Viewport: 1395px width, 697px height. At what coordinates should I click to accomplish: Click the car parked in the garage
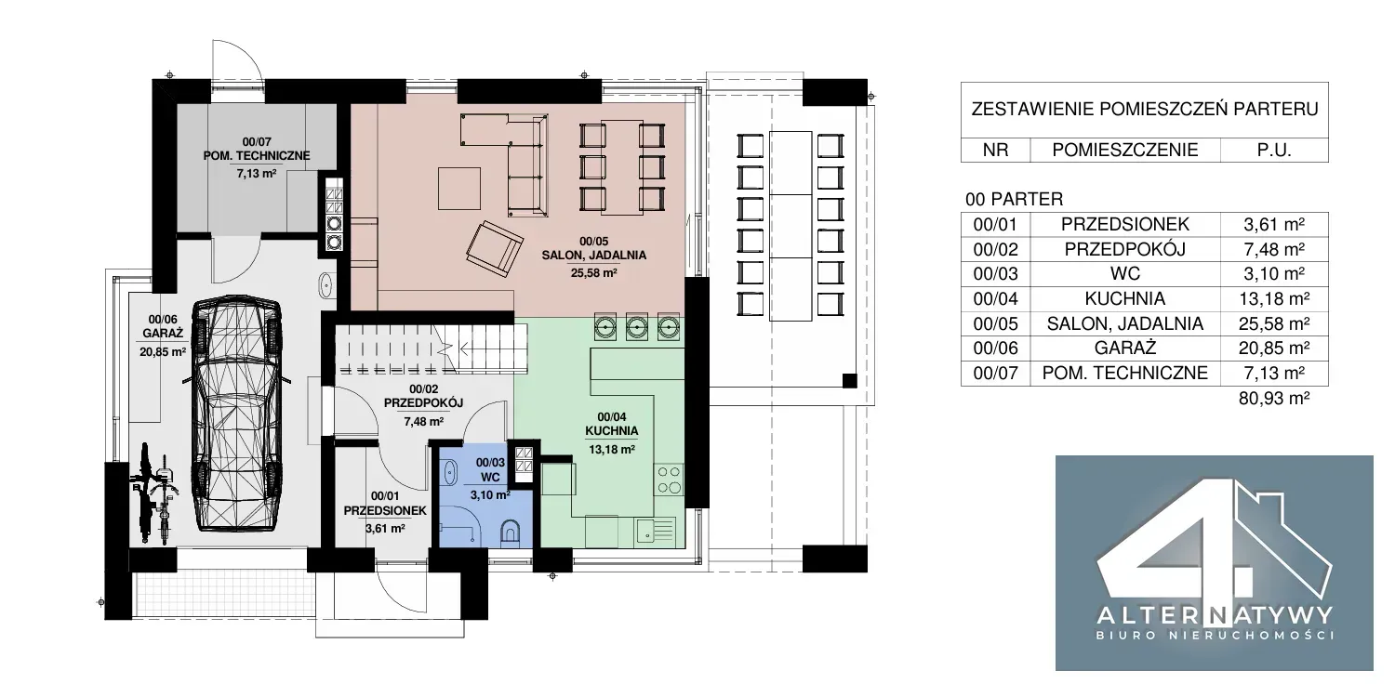click(237, 414)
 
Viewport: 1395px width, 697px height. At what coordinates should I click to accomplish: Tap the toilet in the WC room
click(511, 533)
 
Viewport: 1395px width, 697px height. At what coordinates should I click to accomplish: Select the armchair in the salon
click(495, 249)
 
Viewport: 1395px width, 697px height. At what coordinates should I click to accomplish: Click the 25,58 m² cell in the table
click(1273, 323)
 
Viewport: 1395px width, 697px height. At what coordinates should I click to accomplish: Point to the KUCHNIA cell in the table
click(1124, 298)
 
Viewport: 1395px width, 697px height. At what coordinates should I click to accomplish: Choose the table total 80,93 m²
click(1273, 399)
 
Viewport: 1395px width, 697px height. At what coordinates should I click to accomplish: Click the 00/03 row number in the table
click(995, 274)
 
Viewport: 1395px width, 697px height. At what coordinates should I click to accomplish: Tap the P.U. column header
click(1273, 150)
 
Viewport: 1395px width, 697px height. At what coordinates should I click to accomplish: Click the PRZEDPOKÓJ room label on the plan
click(423, 402)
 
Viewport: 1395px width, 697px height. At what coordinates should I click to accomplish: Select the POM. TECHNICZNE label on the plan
click(257, 155)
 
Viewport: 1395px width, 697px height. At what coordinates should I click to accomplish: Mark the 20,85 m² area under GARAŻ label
click(163, 351)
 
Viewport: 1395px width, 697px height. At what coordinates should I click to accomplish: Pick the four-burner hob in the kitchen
click(669, 480)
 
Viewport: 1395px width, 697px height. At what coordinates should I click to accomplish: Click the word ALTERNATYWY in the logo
click(1214, 616)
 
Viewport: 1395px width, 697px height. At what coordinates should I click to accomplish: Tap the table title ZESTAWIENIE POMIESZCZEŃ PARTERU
click(1145, 109)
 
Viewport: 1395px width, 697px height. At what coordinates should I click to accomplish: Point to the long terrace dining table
click(790, 225)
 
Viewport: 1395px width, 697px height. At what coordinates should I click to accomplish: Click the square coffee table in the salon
click(459, 189)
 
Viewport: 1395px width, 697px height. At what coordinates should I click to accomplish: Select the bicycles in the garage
click(153, 493)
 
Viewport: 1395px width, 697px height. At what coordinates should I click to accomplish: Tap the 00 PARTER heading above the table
click(1014, 199)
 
